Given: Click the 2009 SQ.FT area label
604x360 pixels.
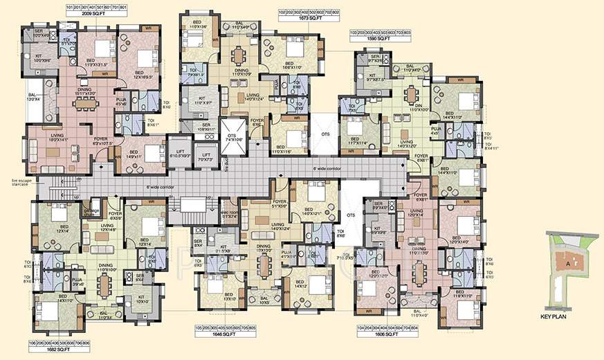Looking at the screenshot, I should tap(95, 13).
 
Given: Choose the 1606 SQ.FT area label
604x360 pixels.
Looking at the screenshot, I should tap(376, 334).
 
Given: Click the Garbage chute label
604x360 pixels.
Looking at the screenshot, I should tap(92, 212).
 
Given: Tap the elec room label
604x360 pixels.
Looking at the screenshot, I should tap(229, 214).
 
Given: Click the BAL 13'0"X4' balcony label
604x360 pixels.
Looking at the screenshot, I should tap(33, 99).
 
